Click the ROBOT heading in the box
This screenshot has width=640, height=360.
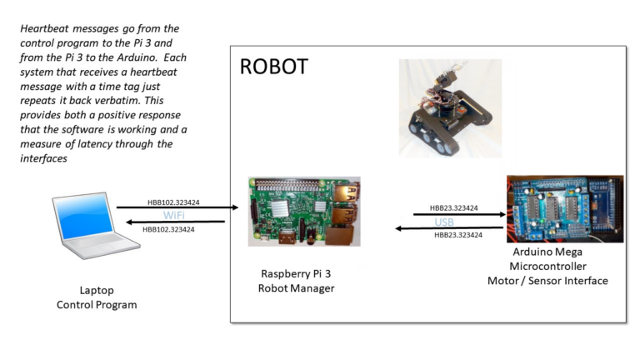[273, 67]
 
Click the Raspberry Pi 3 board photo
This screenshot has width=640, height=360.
[303, 211]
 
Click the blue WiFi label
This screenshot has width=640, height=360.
[173, 215]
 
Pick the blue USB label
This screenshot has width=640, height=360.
[445, 222]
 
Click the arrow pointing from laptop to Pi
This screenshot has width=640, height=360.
[171, 207]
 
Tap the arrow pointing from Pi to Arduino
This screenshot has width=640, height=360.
[458, 214]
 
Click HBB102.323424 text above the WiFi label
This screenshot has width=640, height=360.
[174, 201]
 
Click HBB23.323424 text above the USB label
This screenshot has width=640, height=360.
[455, 207]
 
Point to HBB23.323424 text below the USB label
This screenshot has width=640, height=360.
[458, 236]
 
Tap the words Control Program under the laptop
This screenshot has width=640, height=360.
[97, 305]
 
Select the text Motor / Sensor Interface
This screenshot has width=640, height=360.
[547, 281]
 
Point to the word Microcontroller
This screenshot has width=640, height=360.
[547, 266]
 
